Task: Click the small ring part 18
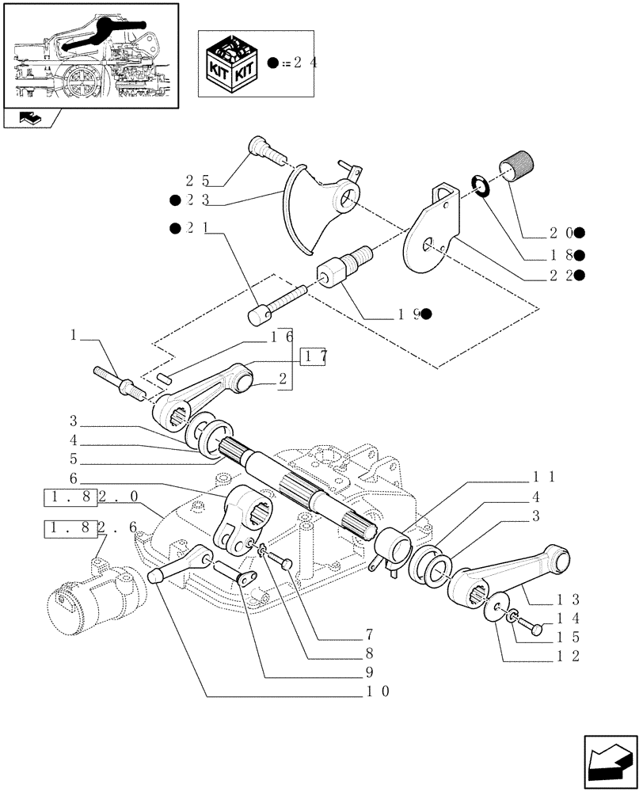point(481,185)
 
